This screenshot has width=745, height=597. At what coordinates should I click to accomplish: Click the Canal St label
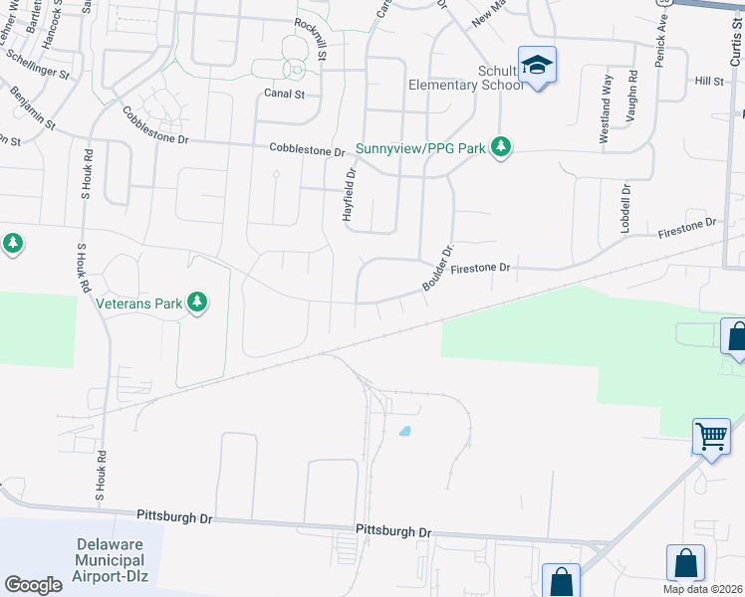coord(285,94)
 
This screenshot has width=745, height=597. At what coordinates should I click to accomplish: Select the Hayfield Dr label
coord(350,194)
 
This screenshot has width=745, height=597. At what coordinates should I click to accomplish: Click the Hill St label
coord(709,80)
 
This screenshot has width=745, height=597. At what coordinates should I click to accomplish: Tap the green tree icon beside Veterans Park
coord(197,301)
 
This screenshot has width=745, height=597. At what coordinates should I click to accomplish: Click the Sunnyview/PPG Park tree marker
coord(502,147)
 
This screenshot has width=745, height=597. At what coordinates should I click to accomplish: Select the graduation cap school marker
coord(538,66)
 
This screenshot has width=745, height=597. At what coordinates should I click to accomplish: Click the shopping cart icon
coord(711,436)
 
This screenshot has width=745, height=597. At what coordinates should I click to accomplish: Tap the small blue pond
coord(404,432)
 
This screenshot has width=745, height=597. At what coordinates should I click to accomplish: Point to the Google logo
coord(34,585)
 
